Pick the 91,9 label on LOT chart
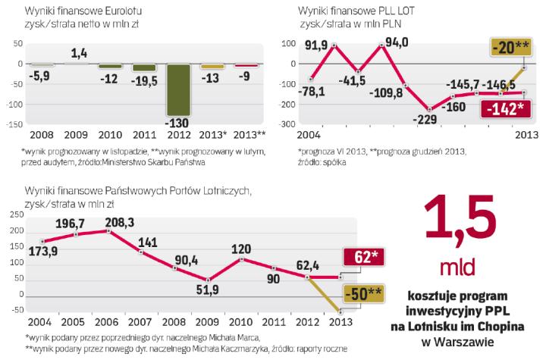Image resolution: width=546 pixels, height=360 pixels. (315, 46)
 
